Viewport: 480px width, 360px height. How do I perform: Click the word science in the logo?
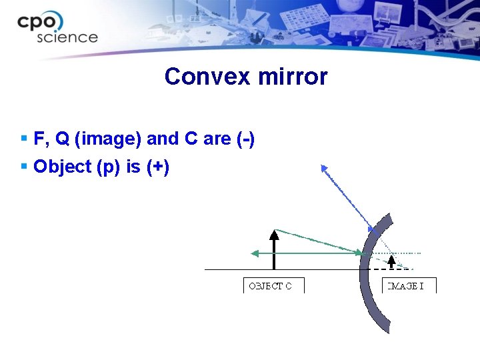point(67,37)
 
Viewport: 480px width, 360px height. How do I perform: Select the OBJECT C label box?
point(273,286)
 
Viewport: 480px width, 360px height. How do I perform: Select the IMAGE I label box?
point(409,286)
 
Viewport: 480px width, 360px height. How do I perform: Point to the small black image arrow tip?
point(391,257)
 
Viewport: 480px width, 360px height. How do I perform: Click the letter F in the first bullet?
point(39,139)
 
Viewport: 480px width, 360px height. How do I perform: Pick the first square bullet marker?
point(24,139)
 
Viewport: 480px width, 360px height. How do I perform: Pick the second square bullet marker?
point(24,166)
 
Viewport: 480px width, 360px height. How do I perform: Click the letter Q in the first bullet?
point(62,139)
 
